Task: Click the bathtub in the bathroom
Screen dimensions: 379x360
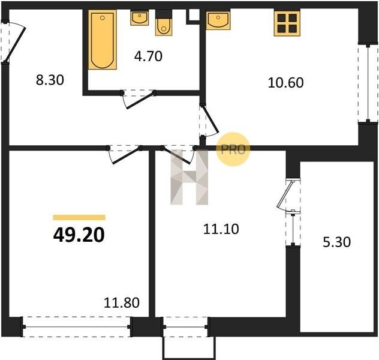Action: [103, 40]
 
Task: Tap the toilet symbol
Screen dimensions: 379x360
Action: [164, 23]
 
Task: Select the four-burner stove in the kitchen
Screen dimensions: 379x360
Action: [287, 23]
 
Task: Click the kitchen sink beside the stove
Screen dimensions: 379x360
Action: [218, 20]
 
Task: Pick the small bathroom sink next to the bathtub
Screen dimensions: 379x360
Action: [140, 17]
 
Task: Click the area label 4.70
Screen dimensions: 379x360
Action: [148, 56]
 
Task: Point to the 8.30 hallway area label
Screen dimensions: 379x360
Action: [50, 80]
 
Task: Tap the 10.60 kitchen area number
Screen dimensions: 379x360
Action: [285, 82]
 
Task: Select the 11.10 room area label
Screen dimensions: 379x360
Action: [221, 229]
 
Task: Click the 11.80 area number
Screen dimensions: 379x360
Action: [122, 302]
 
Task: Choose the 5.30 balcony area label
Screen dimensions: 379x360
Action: [336, 242]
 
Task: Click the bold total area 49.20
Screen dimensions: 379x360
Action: [79, 235]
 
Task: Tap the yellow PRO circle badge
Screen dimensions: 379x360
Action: [233, 149]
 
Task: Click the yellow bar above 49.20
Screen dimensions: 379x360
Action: [79, 217]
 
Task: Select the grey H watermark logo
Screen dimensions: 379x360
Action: [189, 177]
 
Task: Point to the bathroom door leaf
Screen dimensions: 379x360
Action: [141, 100]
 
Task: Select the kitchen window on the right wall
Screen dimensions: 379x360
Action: [368, 83]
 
